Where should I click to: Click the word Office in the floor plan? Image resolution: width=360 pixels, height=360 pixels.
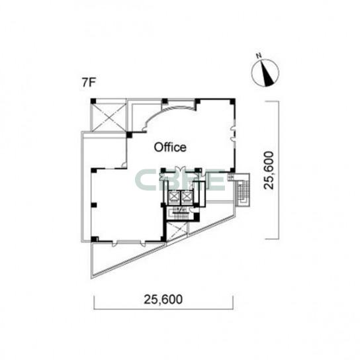tap(170, 147)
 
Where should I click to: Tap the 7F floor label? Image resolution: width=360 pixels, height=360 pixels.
tap(89, 83)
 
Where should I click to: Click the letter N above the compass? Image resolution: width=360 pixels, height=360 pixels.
tap(259, 56)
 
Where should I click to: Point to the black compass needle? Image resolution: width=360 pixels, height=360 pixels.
tap(267, 73)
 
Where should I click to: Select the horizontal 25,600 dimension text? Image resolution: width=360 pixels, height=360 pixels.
tap(163, 299)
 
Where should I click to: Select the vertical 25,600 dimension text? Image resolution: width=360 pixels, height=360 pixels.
tap(269, 170)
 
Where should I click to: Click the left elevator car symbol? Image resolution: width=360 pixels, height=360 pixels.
tap(173, 197)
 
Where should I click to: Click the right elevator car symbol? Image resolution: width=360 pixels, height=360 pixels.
tap(186, 197)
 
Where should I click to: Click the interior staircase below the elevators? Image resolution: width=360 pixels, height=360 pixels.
tap(180, 214)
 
